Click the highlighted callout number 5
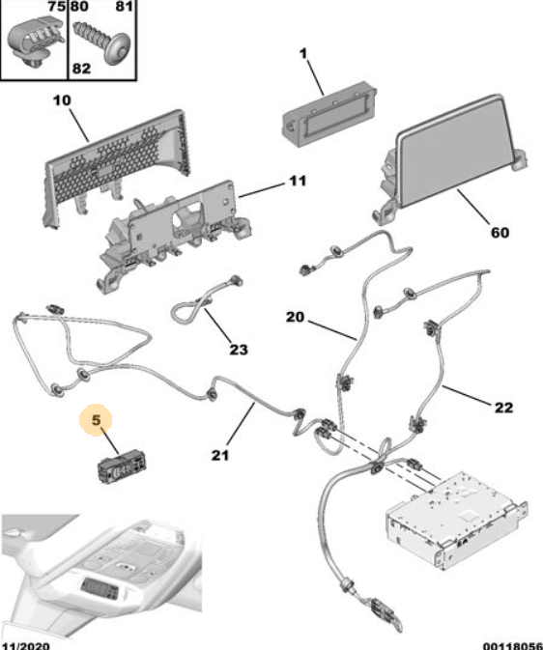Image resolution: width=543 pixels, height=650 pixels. [x=96, y=420]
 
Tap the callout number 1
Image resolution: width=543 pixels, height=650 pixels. [x=303, y=53]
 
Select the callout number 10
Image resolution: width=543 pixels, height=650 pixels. [x=62, y=99]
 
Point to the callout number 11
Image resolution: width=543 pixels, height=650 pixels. [x=298, y=181]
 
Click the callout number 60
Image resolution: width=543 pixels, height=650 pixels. [x=500, y=233]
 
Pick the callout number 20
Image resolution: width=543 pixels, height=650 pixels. [x=295, y=317]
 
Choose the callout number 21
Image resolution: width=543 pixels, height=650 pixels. [x=220, y=455]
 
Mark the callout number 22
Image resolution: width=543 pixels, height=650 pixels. [x=503, y=408]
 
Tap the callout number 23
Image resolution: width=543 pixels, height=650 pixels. [x=239, y=350]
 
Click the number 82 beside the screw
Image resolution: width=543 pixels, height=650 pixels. [x=81, y=68]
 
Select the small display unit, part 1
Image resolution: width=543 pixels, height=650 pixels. [x=329, y=112]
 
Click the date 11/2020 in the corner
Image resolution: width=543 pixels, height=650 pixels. [x=25, y=645]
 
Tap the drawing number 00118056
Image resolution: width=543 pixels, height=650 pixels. [x=513, y=645]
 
